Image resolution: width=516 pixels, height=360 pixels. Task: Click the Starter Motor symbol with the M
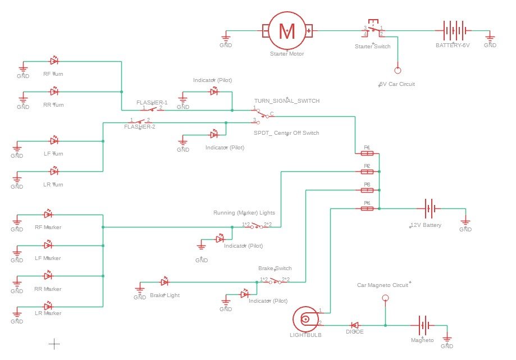[287, 31]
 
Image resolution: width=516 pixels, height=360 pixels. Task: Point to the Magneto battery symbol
[423, 325]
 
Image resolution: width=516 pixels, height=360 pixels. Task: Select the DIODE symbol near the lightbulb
[355, 325]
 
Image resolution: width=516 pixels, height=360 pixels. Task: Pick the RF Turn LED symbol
[54, 61]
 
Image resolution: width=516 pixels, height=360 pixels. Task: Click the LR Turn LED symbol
[54, 171]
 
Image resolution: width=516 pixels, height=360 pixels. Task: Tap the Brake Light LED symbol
[165, 282]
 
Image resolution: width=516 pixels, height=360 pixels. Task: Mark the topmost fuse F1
[367, 153]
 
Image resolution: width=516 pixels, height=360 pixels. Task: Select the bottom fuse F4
[367, 208]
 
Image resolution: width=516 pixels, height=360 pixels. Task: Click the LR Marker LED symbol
[48, 307]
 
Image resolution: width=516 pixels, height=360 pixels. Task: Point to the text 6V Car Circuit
[396, 84]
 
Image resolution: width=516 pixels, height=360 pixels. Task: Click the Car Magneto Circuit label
[383, 285]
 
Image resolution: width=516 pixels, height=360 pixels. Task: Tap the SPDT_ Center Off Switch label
[286, 133]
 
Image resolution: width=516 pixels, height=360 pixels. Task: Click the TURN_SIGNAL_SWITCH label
[286, 101]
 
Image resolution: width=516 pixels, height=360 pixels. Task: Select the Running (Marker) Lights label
[244, 213]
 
